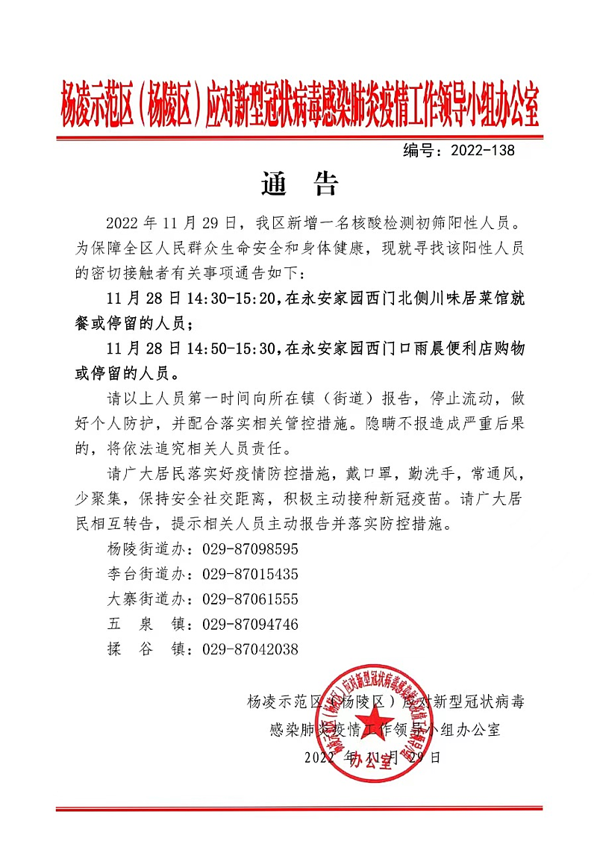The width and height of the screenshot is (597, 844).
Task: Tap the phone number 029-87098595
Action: click(x=251, y=549)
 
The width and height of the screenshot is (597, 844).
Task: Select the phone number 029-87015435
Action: click(x=251, y=574)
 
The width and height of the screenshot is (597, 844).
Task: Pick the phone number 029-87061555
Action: click(x=251, y=599)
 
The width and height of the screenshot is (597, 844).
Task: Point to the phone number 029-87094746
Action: click(x=251, y=624)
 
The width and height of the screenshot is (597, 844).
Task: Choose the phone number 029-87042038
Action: click(x=251, y=649)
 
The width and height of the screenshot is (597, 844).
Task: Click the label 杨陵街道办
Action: click(x=148, y=549)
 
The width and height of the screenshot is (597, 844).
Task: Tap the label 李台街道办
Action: click(x=148, y=574)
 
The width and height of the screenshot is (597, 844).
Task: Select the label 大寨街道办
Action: click(x=148, y=599)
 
